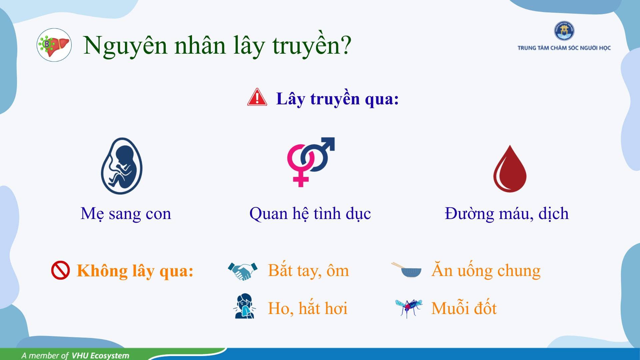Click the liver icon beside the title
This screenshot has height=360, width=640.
[x=54, y=45]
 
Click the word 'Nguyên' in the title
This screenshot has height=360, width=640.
[x=125, y=46]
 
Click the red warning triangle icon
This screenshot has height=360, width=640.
[x=257, y=97]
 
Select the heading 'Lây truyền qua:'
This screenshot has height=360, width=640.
[x=337, y=99]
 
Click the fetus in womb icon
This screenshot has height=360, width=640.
[x=122, y=166]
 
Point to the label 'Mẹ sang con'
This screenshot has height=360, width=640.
[x=126, y=214]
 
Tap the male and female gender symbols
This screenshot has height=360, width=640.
[x=311, y=162]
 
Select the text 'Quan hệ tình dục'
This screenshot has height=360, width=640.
[x=310, y=214]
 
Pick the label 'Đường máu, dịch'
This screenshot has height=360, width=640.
[x=507, y=214]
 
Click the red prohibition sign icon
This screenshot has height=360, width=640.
[x=60, y=270]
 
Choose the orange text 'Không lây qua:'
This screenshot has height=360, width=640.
[x=135, y=271]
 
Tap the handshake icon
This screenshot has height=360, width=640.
[x=243, y=271]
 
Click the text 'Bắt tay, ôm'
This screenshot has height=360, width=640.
[x=308, y=270]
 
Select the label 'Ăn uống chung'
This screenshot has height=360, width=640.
[x=486, y=270]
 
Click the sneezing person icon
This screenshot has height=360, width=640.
[x=244, y=306]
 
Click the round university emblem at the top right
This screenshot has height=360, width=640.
[x=564, y=31]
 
